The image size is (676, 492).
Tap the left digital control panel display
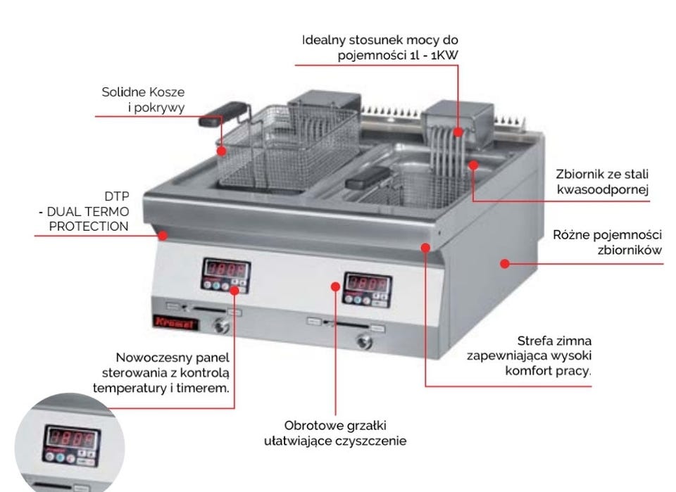(227, 270)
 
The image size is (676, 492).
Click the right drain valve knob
(363, 342)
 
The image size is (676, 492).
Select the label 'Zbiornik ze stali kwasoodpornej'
(603, 181)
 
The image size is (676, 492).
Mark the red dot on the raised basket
(222, 150)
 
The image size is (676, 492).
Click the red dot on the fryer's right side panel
(504, 263)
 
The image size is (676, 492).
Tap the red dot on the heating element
(458, 132)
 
